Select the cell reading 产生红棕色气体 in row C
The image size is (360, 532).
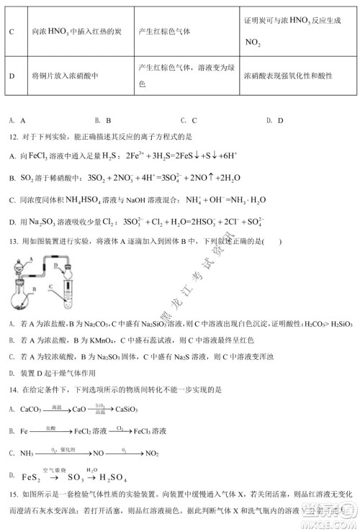(169, 32)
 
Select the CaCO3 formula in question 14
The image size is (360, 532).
(31, 410)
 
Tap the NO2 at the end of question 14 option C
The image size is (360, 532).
(152, 453)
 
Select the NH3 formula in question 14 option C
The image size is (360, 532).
(27, 453)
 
